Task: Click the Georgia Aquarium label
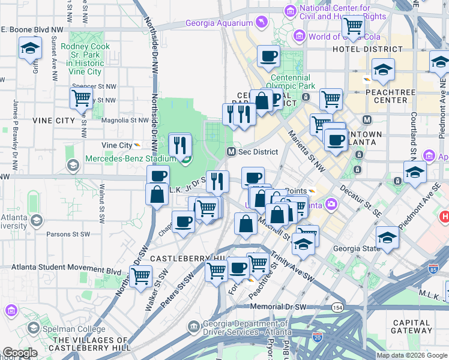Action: (x=219, y=23)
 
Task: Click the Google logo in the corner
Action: (x=20, y=353)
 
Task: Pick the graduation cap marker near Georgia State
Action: (x=388, y=238)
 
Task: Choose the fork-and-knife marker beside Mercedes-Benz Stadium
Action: (x=180, y=144)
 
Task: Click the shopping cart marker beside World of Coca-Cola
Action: (x=352, y=25)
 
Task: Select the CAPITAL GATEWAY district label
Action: (x=411, y=327)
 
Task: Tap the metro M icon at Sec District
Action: (x=231, y=152)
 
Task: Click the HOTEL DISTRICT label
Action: (x=367, y=49)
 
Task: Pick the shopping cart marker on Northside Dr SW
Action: (x=140, y=276)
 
